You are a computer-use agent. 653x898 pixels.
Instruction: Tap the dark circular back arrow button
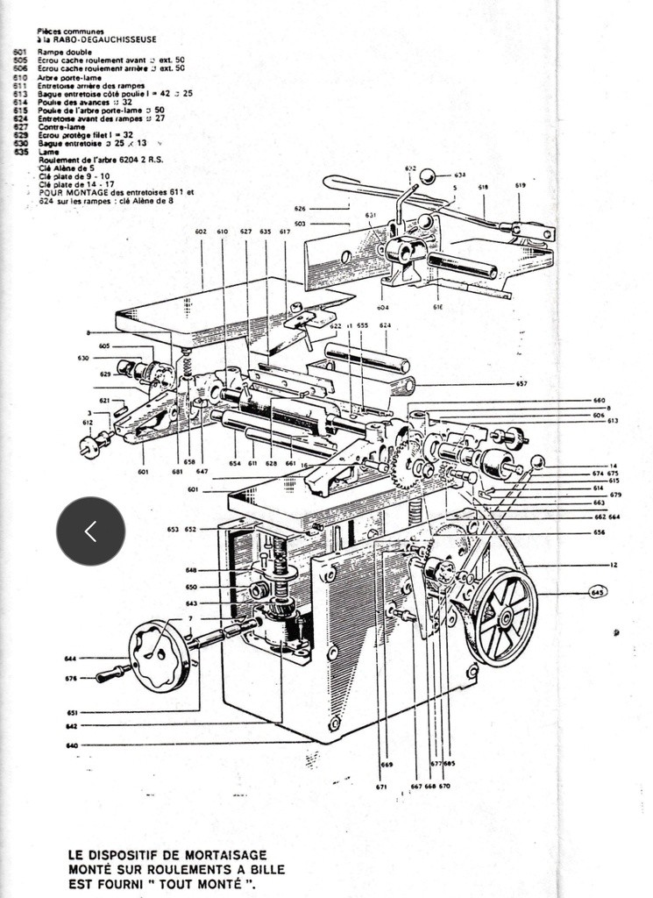pyautogui.click(x=90, y=531)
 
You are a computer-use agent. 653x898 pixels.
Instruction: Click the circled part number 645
pyautogui.click(x=599, y=592)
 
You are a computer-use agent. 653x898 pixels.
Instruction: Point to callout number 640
pyautogui.click(x=72, y=745)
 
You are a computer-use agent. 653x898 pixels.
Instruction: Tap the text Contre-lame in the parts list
pyautogui.click(x=57, y=127)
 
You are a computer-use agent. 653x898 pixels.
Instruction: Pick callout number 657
pyautogui.click(x=522, y=384)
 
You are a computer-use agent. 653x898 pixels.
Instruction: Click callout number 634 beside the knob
pyautogui.click(x=460, y=175)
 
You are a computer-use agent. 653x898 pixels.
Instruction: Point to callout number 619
pyautogui.click(x=520, y=186)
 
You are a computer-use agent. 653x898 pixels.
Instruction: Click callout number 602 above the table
pyautogui.click(x=201, y=231)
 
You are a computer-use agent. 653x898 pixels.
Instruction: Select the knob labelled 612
pyautogui.click(x=90, y=446)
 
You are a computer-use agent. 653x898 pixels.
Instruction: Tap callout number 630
pyautogui.click(x=83, y=358)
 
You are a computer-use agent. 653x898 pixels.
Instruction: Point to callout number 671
pyautogui.click(x=382, y=787)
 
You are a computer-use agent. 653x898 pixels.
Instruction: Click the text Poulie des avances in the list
pyautogui.click(x=72, y=102)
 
